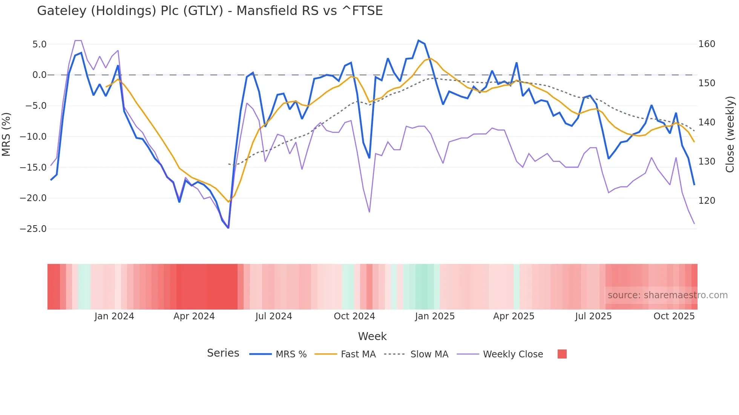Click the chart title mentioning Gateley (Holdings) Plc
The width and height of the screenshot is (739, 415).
point(210,11)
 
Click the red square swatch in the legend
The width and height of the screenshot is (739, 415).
point(562,354)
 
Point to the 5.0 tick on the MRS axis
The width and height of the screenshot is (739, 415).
point(39,44)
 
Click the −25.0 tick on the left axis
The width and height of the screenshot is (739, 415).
point(33,229)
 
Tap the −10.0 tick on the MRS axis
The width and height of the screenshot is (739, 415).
point(33,137)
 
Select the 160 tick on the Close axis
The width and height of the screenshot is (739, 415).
point(707,44)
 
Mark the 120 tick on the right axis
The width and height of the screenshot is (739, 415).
point(707,201)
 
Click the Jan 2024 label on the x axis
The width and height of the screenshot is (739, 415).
point(114,316)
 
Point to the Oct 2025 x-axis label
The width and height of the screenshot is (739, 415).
point(674,316)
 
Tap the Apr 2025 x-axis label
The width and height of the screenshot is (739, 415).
point(514,316)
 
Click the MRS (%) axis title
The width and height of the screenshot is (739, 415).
point(6,134)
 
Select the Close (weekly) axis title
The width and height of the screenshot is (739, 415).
point(730,134)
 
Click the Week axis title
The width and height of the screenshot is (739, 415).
point(372,336)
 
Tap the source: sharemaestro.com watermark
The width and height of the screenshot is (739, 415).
point(667,295)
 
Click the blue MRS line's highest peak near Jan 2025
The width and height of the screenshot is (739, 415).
point(419,40)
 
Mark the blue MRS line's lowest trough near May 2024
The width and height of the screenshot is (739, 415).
point(228,228)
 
